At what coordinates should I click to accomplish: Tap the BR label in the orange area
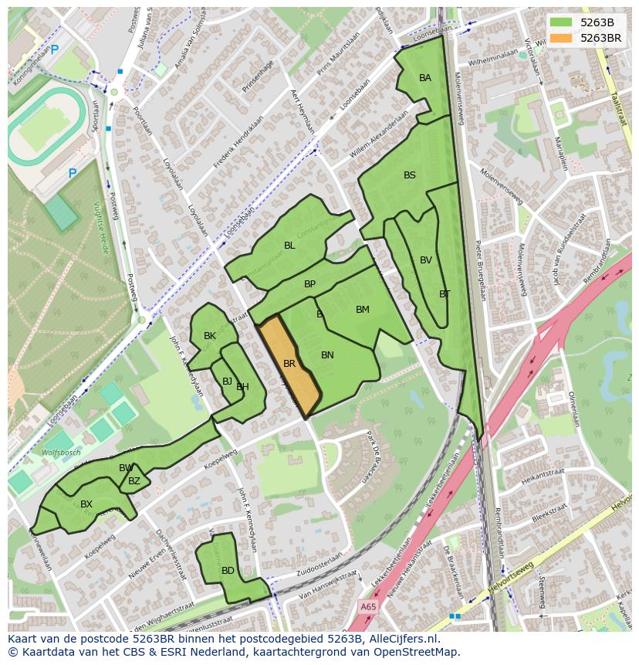click(x=289, y=363)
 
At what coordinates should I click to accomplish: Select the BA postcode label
click(x=425, y=78)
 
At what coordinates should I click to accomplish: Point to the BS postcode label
click(x=410, y=175)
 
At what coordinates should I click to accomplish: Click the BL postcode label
click(x=289, y=246)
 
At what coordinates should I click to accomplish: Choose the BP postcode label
click(x=309, y=284)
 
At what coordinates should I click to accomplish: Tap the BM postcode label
click(x=363, y=310)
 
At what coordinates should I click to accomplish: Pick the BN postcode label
click(x=327, y=355)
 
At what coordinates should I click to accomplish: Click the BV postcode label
click(x=426, y=260)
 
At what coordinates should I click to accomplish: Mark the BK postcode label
click(x=210, y=336)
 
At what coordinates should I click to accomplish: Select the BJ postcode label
click(x=227, y=381)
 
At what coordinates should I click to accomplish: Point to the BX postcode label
click(x=86, y=504)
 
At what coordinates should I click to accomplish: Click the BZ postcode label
click(x=134, y=481)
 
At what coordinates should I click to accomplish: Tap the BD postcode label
click(x=228, y=571)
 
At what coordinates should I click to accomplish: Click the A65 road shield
click(x=370, y=608)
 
